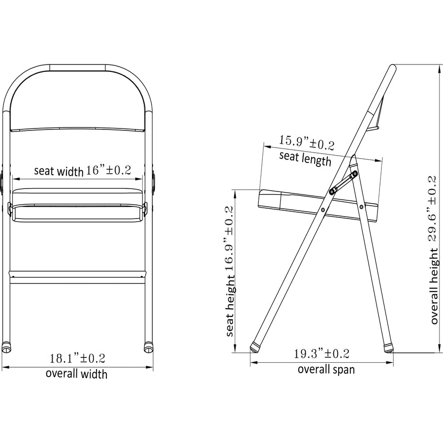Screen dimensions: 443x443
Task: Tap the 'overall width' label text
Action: [x=76, y=374]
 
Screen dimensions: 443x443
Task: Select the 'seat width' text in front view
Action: [x=59, y=171]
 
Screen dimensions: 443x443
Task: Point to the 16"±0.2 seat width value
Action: [x=109, y=170]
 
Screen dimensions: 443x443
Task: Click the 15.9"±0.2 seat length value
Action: [x=307, y=143]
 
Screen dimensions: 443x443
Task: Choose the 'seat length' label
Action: [x=305, y=158]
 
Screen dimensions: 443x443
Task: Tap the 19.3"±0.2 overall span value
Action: [x=321, y=353]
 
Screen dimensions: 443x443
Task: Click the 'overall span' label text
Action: [x=325, y=369]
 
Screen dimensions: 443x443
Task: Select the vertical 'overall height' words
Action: [x=434, y=286]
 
